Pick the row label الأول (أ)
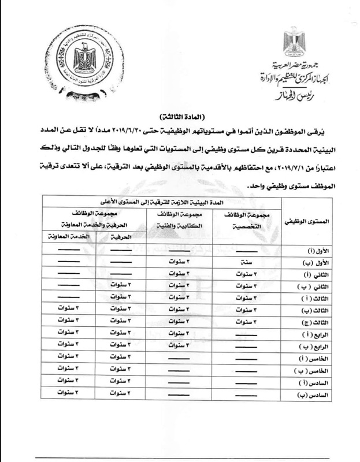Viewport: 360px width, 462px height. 305,251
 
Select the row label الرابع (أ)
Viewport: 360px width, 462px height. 305,333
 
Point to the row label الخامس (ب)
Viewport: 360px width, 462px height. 304,370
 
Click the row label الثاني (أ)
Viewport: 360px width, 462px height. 305,274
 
